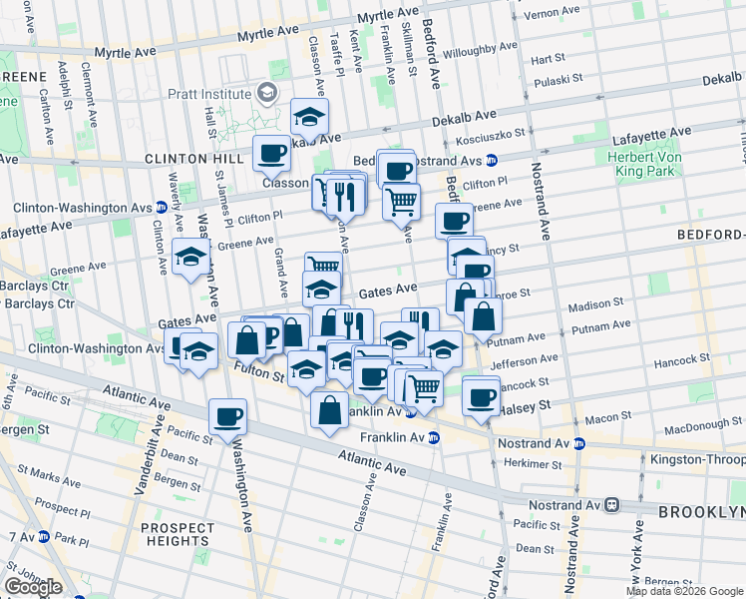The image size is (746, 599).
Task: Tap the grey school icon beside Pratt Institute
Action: click(x=266, y=93)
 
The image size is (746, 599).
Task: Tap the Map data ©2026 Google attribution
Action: click(x=684, y=591)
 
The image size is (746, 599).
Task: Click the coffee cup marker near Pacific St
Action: click(x=227, y=417)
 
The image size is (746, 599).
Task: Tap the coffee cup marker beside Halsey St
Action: click(x=481, y=395)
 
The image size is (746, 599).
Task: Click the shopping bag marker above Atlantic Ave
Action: click(x=330, y=409)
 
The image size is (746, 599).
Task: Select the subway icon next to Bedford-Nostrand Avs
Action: click(x=492, y=160)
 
